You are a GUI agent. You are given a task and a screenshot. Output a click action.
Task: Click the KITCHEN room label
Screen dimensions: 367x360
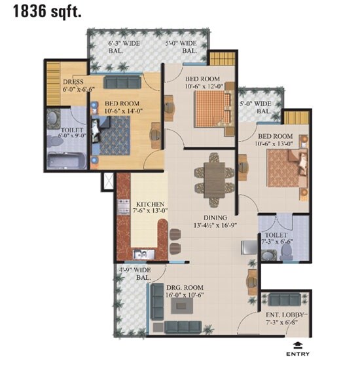(x=150, y=203)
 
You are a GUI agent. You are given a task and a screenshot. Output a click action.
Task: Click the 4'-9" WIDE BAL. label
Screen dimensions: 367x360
(x=135, y=273)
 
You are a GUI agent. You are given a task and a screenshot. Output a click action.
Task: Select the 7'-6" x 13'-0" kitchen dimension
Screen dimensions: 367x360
(x=150, y=211)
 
